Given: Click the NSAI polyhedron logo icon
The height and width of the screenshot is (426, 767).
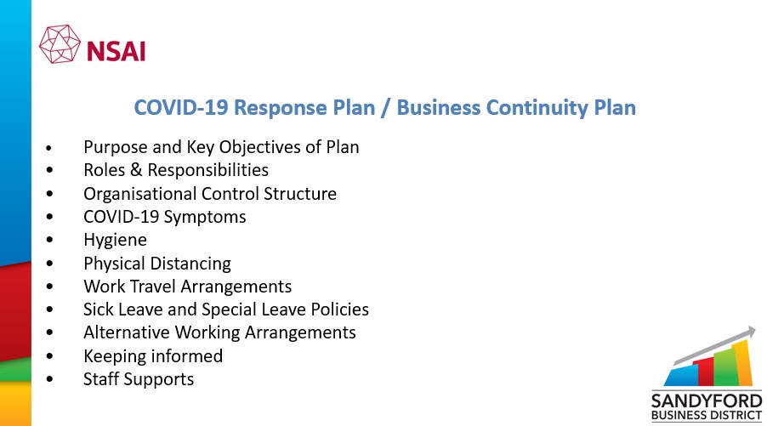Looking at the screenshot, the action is pyautogui.click(x=60, y=44).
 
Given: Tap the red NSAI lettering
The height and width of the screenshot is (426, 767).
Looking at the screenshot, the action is pyautogui.click(x=116, y=51).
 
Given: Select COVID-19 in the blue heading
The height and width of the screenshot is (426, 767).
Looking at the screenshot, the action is pyautogui.click(x=181, y=108).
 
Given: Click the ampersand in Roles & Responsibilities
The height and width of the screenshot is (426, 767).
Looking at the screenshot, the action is pyautogui.click(x=136, y=170).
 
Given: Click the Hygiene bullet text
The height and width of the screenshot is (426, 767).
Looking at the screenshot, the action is pyautogui.click(x=115, y=240).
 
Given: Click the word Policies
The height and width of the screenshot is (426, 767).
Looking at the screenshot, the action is pyautogui.click(x=340, y=310).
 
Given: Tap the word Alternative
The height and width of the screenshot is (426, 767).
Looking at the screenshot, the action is pyautogui.click(x=128, y=332).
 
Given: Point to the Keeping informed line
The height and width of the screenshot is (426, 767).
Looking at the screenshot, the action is pyautogui.click(x=153, y=356).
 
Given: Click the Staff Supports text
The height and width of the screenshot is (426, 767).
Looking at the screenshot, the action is pyautogui.click(x=139, y=379).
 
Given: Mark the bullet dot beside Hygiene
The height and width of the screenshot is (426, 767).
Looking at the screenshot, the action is pyautogui.click(x=50, y=240).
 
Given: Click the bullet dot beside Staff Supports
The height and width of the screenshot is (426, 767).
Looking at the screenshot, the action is pyautogui.click(x=50, y=379).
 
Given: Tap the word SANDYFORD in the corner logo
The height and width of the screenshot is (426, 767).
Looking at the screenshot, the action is pyautogui.click(x=707, y=401).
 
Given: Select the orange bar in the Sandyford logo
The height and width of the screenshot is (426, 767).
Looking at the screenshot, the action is pyautogui.click(x=743, y=363).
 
